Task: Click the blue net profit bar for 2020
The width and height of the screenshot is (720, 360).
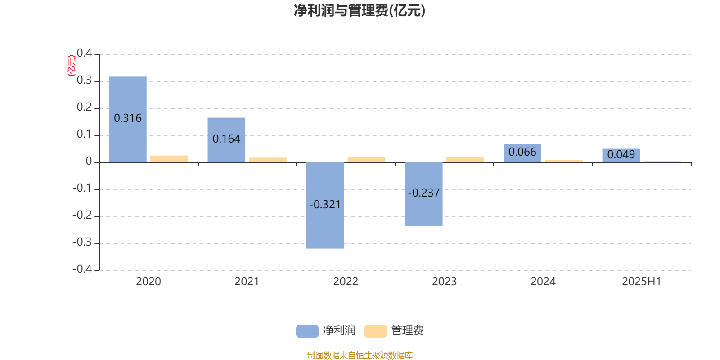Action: click(x=128, y=119)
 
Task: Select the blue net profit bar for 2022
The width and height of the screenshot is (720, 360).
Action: click(x=325, y=205)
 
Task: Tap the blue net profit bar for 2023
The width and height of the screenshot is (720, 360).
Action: click(x=423, y=194)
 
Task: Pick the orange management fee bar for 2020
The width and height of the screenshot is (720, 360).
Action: click(x=169, y=159)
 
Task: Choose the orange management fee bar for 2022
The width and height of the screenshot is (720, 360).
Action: click(x=366, y=159)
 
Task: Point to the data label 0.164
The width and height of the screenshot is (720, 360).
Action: click(x=226, y=139)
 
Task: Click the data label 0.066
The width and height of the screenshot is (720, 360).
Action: click(x=522, y=152)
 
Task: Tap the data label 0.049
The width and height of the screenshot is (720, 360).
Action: click(x=621, y=155)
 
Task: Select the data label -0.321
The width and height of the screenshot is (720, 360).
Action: click(x=325, y=205)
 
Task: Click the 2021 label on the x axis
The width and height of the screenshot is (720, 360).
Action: click(x=247, y=282)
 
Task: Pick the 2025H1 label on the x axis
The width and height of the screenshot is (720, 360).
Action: click(x=642, y=282)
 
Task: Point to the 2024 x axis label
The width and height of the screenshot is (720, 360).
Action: click(x=543, y=282)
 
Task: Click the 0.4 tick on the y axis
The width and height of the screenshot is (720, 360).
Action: click(x=84, y=53)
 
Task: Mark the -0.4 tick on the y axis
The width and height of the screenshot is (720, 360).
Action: click(x=82, y=269)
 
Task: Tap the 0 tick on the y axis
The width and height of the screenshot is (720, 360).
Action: click(x=89, y=162)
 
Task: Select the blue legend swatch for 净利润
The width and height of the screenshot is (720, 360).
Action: click(x=307, y=331)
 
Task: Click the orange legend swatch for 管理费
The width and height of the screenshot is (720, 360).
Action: click(x=376, y=331)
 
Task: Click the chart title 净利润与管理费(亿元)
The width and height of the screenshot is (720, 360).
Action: click(x=360, y=11)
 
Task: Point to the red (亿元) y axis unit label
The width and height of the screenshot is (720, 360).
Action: click(x=72, y=66)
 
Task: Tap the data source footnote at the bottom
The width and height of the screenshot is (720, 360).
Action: click(x=360, y=355)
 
